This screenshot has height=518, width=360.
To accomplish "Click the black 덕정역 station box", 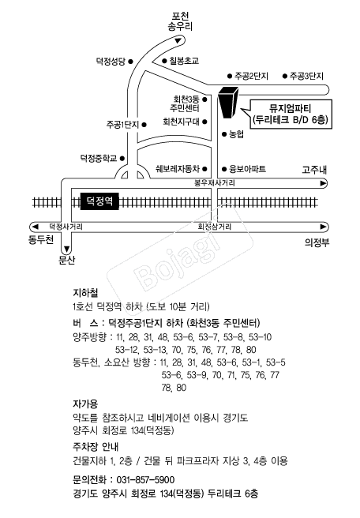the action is point(99,201).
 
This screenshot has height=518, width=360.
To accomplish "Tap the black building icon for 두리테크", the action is point(228,102).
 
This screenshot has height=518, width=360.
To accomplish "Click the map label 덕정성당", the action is point(111,62).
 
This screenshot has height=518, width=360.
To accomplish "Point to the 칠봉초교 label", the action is point(184,61).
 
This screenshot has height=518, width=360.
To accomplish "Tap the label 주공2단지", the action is point(251,77).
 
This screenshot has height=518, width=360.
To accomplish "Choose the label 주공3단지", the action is point(306,77).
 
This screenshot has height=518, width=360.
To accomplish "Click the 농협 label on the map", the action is point(237,134).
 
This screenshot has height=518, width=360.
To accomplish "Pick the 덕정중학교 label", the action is point(99,158).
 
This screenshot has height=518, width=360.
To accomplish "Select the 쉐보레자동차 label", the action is point(178,169).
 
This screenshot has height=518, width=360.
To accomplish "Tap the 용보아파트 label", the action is point(248,169).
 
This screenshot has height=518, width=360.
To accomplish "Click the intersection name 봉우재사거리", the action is point(215,183).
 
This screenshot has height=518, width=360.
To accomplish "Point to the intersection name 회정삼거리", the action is point(215,227).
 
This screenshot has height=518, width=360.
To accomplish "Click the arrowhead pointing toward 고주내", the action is point(324,183).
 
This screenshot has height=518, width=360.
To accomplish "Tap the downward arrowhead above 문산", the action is point(67,249).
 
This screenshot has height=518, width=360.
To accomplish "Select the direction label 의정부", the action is point(317,243).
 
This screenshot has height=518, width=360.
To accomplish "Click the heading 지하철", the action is point(85,293).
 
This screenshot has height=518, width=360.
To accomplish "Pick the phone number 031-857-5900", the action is point(145,479).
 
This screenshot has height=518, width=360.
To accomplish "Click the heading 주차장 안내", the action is point(96,447).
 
